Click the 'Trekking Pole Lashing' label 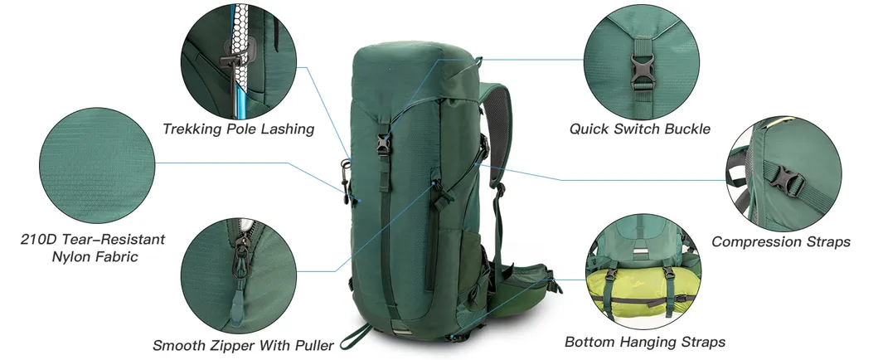coord(239,129)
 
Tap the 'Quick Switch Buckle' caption coord(640,129)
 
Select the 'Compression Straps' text coord(781,242)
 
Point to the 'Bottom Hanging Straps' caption coord(645,342)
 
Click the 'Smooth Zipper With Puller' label coord(243,345)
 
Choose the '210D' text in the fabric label coord(36,240)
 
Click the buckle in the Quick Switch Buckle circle coord(642,72)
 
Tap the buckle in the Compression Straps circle coord(788,180)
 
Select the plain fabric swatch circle coord(97,165)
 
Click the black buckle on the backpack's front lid coord(383,144)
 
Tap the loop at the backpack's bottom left coord(355,335)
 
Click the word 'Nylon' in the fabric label coord(72,257)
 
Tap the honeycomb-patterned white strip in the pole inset coord(240,45)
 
